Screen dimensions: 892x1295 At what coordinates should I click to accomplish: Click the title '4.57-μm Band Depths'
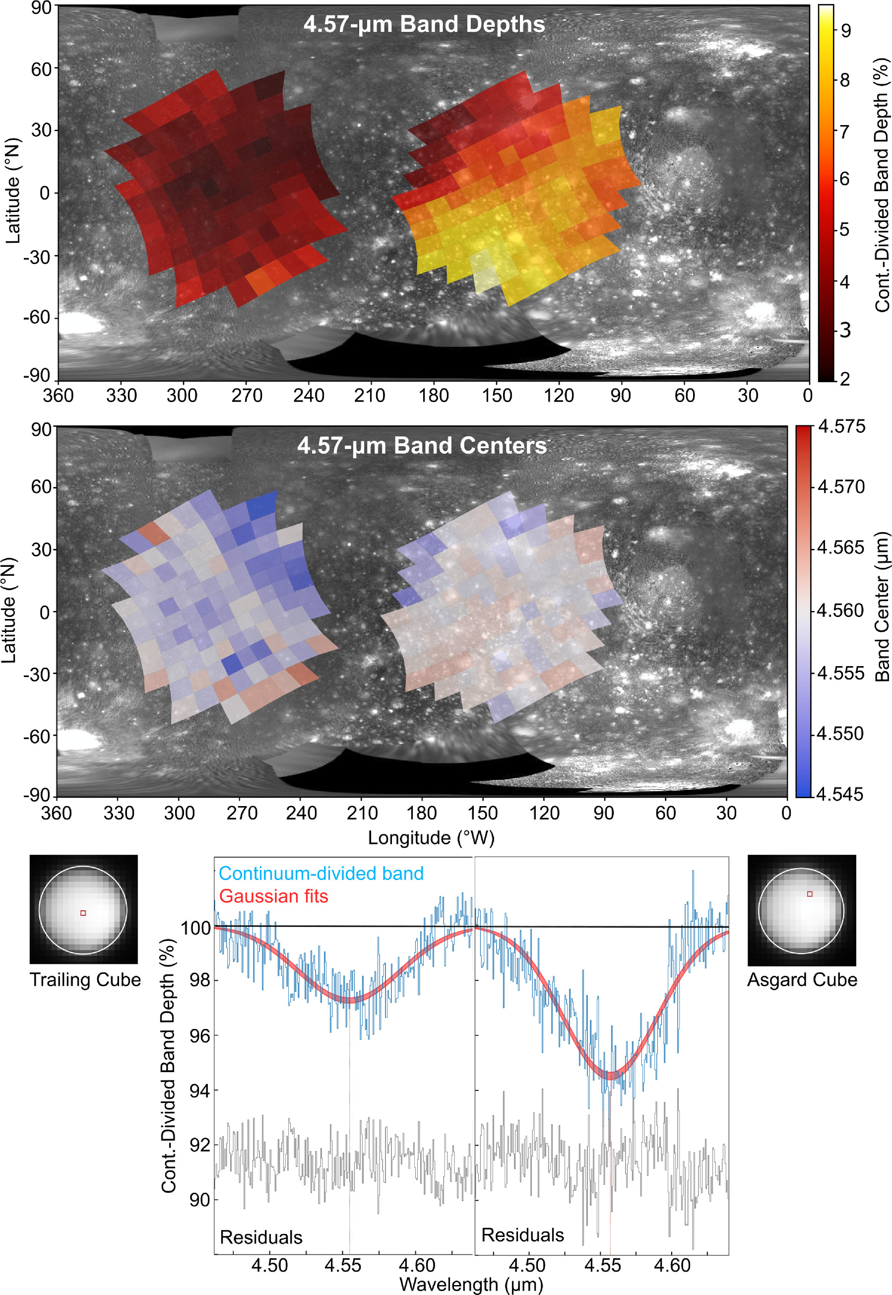click(x=424, y=25)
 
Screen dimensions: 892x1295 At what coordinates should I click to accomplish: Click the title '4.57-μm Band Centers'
click(x=422, y=446)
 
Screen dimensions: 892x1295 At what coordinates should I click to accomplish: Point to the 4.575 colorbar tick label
click(x=841, y=427)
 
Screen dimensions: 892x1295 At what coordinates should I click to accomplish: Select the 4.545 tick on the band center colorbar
click(x=840, y=794)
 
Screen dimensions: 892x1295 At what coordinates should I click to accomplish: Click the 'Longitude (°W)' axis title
click(x=431, y=838)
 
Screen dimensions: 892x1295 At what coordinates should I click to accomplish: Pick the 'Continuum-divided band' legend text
click(x=321, y=874)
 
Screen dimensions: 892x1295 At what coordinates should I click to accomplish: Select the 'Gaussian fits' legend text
click(x=273, y=896)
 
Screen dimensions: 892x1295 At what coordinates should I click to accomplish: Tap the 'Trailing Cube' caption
click(x=85, y=980)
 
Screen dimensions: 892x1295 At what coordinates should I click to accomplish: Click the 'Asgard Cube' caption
click(x=802, y=980)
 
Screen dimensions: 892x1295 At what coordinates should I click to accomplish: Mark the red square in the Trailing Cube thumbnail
click(x=83, y=913)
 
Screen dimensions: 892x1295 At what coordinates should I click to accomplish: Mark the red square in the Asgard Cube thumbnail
click(x=810, y=894)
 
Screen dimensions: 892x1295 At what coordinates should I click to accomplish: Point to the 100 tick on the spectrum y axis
click(x=195, y=928)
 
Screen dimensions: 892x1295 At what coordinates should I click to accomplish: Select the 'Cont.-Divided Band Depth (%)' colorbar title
click(x=882, y=185)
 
